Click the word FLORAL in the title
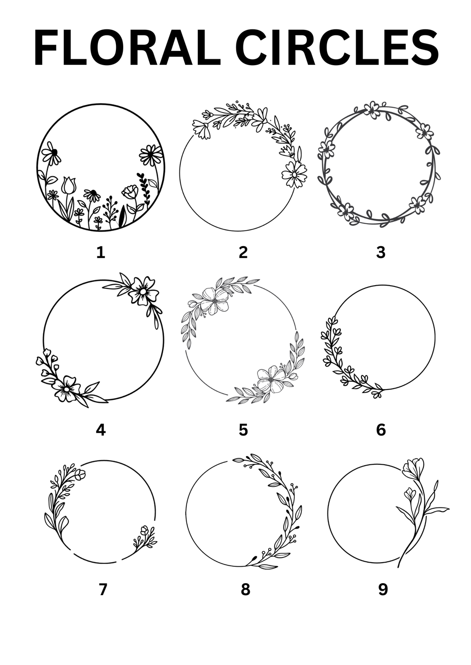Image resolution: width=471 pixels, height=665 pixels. [127, 48]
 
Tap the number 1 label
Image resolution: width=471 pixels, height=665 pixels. [101, 253]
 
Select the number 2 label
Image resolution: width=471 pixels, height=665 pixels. [243, 253]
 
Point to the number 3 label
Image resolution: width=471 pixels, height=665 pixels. [381, 253]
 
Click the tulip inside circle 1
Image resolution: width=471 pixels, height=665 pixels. [69, 186]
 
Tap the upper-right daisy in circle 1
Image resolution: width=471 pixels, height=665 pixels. [151, 156]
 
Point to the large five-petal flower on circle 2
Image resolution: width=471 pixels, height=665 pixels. [294, 175]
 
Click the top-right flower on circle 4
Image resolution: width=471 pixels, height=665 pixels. [143, 291]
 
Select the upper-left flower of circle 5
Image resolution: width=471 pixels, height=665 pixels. [214, 301]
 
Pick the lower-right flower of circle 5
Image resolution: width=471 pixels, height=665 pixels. [271, 379]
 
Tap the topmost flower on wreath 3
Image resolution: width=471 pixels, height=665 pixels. [371, 110]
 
